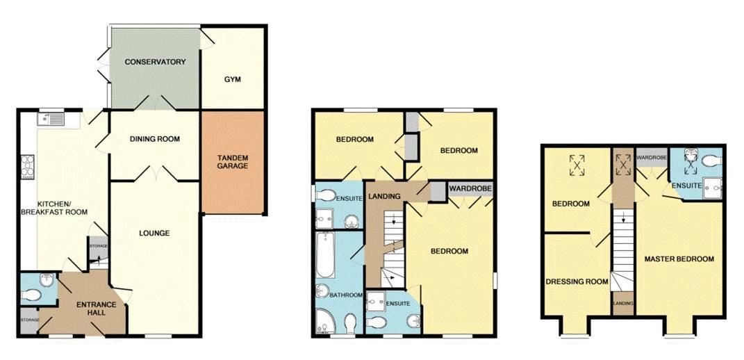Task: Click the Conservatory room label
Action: tap(155, 62)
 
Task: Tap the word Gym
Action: tap(233, 79)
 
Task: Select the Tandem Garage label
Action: tap(233, 162)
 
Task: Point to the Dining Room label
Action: tap(155, 139)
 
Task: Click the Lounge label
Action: tap(155, 234)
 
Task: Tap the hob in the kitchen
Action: tap(28, 167)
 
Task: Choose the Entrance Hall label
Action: tap(90, 309)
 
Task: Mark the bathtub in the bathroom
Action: tap(325, 254)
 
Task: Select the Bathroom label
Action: tap(347, 295)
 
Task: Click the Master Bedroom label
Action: tap(679, 259)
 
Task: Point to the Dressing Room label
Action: tap(577, 281)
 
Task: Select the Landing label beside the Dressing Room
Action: tap(622, 303)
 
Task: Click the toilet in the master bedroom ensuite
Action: tap(711, 161)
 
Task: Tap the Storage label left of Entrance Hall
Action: tap(29, 320)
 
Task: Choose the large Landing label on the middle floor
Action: tap(386, 197)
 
